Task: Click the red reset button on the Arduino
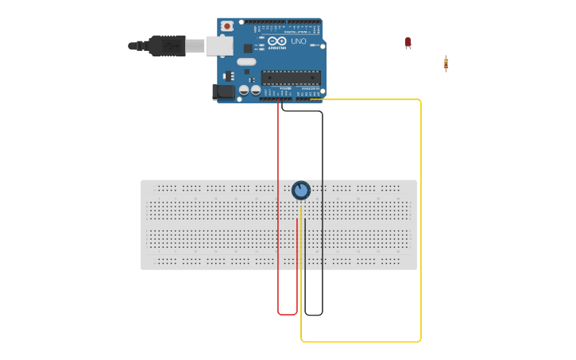(x=227, y=26)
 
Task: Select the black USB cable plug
(x=167, y=46)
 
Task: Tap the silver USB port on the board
(x=218, y=46)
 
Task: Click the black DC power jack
(x=225, y=91)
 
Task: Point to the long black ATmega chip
(x=291, y=78)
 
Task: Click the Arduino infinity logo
(x=276, y=41)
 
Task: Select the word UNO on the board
(x=298, y=41)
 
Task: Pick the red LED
(x=408, y=42)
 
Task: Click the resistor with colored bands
(x=446, y=64)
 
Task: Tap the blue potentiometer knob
(x=301, y=191)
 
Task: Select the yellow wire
(x=420, y=223)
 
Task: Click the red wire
(x=278, y=207)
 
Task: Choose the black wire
(x=323, y=207)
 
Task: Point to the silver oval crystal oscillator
(x=247, y=62)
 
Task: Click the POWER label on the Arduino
(x=274, y=88)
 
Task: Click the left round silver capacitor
(x=245, y=91)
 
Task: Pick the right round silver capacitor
(x=256, y=91)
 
